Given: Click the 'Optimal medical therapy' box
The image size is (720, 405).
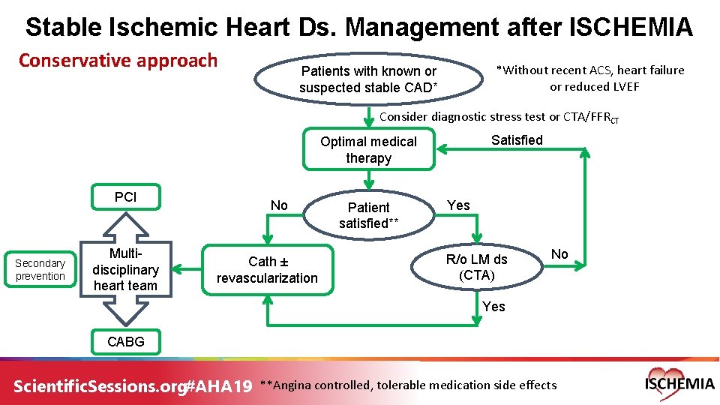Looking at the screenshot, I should pyautogui.click(x=368, y=150).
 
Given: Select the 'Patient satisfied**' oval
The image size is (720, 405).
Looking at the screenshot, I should pyautogui.click(x=368, y=215).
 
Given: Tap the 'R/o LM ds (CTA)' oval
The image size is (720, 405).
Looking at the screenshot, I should pyautogui.click(x=476, y=267).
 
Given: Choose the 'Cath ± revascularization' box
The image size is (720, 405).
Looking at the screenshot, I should pyautogui.click(x=267, y=270).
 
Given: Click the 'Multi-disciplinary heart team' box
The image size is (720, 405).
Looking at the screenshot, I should pyautogui.click(x=125, y=270).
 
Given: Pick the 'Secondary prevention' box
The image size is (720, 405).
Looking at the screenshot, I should pyautogui.click(x=40, y=270).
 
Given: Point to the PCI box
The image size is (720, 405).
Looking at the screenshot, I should pyautogui.click(x=125, y=197).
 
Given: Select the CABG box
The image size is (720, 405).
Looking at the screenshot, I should pyautogui.click(x=125, y=341).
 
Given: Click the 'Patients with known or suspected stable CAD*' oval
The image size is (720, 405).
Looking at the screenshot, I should pyautogui.click(x=368, y=79).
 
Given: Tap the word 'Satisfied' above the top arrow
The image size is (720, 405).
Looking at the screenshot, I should pyautogui.click(x=517, y=140).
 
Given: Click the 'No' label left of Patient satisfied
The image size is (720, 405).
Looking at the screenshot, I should pyautogui.click(x=279, y=205).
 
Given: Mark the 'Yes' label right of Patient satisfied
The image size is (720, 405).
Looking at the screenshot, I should pyautogui.click(x=458, y=205).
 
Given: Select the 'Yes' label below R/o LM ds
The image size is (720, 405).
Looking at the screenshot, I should pyautogui.click(x=493, y=307).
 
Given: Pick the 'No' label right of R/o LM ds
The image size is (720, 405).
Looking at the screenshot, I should pyautogui.click(x=559, y=254).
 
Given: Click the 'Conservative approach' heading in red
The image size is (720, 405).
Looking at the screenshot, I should pyautogui.click(x=118, y=61).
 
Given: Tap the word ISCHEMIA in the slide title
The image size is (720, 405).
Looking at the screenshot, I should pyautogui.click(x=631, y=28).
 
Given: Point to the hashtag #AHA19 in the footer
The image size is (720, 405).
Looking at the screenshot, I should pyautogui.click(x=217, y=385).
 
